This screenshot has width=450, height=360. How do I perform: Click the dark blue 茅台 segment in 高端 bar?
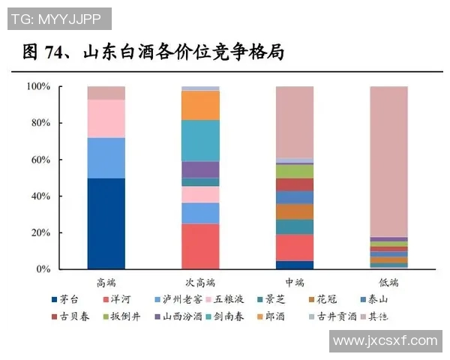(106, 223)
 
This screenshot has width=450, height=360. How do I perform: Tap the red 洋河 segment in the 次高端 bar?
(201, 246)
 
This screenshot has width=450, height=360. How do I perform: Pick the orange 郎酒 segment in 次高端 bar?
(201, 105)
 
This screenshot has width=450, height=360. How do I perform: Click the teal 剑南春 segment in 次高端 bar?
(201, 141)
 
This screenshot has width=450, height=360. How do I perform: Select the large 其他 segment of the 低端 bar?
(388, 161)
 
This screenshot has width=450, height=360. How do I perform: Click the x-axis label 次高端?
(201, 283)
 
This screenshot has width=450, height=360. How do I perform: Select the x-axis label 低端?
(388, 283)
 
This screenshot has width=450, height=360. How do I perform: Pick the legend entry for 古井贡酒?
(337, 316)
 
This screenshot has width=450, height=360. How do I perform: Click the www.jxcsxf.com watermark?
(385, 340)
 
